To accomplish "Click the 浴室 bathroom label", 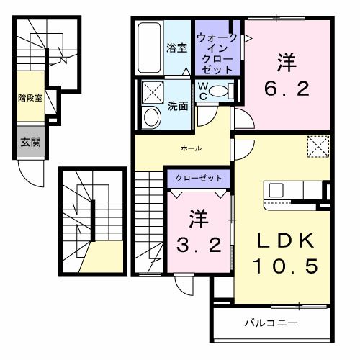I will point(177,48).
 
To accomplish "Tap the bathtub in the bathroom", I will point(150,48).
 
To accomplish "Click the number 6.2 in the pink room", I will point(282,89).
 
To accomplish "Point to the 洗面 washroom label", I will point(178,105).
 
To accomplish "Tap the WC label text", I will point(203,91).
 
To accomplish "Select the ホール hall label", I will point(191,148).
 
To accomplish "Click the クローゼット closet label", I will point(199,177).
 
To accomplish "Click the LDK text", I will point(284,240).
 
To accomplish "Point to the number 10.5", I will point(284,266).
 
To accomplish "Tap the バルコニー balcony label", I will point(270,322).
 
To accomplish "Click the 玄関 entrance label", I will point(30,142).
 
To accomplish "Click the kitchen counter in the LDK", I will point(295,190).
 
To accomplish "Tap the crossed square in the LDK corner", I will point(318,147).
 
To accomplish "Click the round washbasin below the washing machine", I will point(152,117).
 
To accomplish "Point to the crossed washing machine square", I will point(153,93).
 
